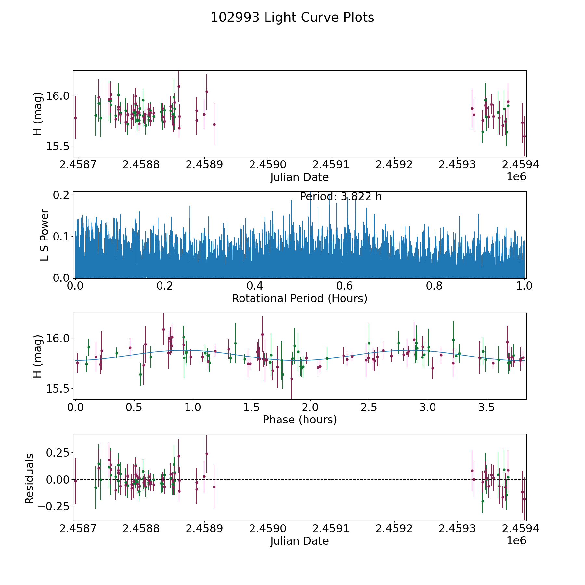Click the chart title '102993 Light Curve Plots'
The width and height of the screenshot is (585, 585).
(292, 18)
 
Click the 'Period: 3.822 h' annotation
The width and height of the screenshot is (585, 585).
(340, 197)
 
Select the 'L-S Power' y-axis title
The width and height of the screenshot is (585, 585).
(45, 235)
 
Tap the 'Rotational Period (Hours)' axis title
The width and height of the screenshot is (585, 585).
(299, 298)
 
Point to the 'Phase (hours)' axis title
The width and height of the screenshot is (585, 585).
(300, 420)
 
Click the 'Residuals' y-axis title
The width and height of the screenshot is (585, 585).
(30, 479)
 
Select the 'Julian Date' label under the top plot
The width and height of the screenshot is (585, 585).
(299, 177)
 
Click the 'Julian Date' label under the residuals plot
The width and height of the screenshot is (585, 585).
(299, 541)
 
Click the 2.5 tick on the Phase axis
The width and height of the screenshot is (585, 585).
(369, 407)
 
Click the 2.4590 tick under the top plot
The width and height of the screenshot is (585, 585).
(267, 165)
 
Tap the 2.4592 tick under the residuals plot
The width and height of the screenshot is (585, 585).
(394, 528)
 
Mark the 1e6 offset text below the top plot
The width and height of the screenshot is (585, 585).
(516, 177)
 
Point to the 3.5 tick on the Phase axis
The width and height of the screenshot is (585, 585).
(486, 407)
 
